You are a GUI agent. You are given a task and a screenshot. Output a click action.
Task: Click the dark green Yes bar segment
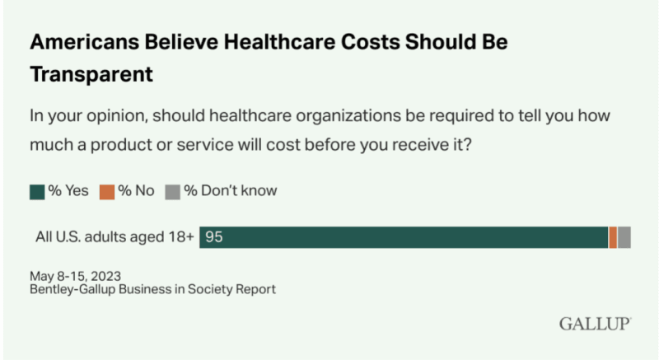point(404,237)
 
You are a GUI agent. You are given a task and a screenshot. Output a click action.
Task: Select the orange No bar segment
point(613,237)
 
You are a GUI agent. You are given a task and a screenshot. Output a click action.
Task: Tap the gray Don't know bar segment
point(624,237)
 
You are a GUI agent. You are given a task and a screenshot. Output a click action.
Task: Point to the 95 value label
point(215,237)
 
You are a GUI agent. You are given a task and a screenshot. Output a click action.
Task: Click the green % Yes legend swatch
point(36,190)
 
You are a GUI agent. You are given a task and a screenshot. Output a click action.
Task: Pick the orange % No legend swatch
point(108,190)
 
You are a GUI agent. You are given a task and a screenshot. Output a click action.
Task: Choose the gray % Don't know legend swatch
point(172,190)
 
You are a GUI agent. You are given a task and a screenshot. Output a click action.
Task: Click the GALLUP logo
point(595,323)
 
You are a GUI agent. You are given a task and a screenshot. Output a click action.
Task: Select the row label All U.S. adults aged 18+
point(115,237)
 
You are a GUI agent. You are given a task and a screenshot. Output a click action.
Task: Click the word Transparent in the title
point(92,73)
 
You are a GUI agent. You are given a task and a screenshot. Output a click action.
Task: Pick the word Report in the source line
point(255,289)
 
